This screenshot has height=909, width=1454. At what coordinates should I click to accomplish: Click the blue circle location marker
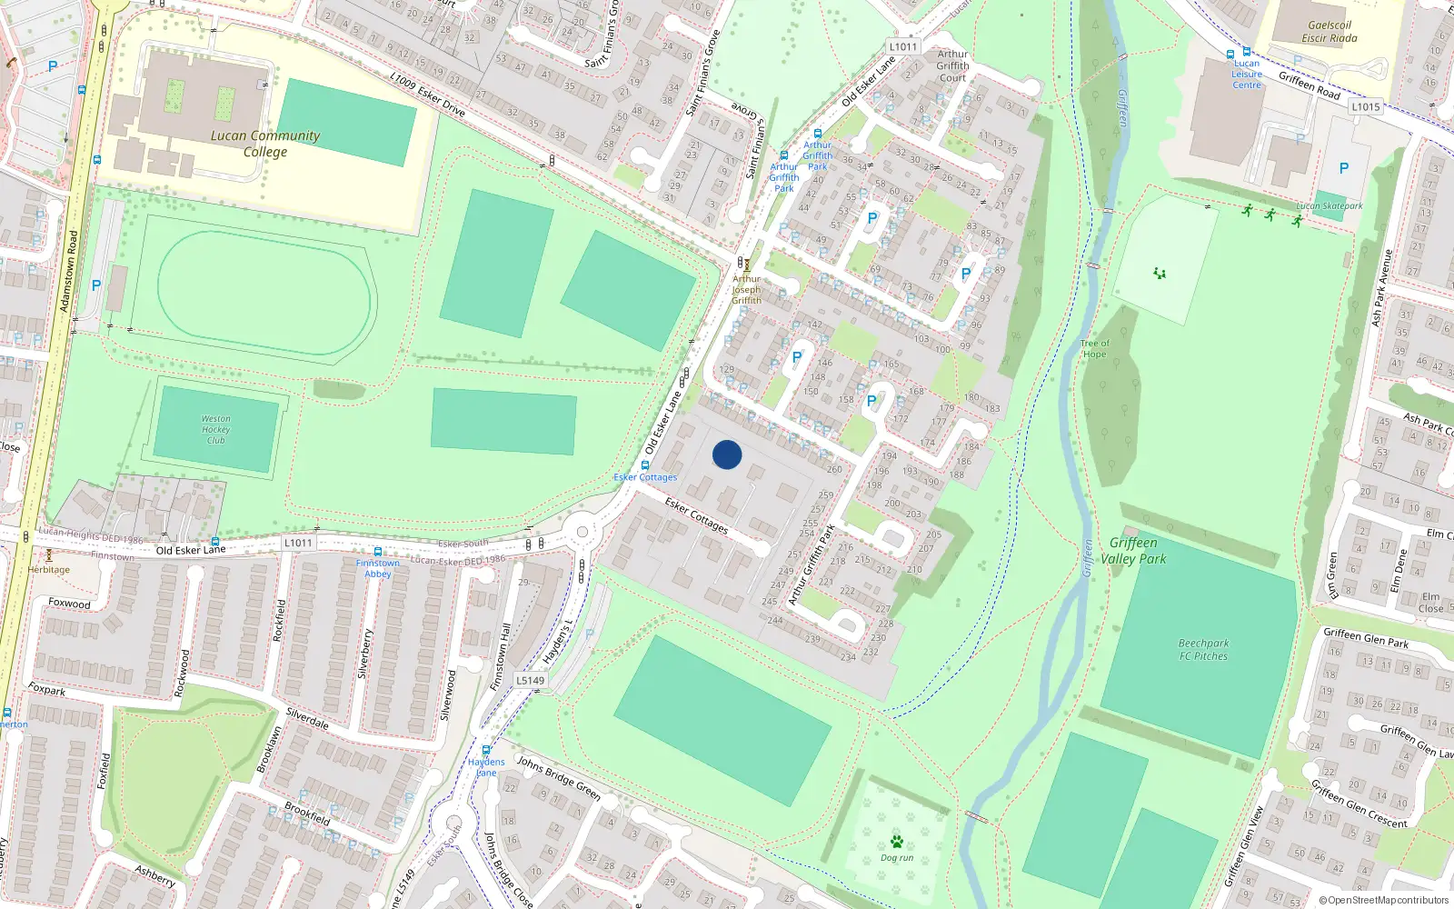coord(727,454)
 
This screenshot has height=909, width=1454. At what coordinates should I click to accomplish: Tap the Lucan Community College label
coord(265,144)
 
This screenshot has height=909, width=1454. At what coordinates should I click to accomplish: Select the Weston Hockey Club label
coord(215,430)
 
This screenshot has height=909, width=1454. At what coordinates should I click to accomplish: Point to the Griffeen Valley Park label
coord(1133,551)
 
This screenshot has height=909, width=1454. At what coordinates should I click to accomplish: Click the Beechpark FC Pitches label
coord(1203,650)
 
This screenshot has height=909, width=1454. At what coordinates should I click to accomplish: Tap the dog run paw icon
coord(897,842)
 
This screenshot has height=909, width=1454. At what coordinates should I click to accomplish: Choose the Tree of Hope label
coord(1094,349)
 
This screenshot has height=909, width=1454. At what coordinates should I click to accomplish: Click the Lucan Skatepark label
coord(1329,206)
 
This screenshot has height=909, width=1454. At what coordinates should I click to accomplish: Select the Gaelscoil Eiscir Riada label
coord(1330,32)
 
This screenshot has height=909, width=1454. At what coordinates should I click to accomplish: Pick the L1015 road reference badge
coord(1365,106)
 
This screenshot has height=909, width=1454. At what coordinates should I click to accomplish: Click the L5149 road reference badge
coord(531,680)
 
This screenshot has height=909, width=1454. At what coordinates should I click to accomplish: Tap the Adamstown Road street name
coord(69,271)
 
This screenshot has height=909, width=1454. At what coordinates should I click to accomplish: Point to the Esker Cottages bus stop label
coord(645,477)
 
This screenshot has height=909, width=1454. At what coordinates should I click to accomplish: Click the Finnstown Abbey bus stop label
coord(378,568)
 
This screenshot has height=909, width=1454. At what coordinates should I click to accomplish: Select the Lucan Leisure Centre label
coord(1247,75)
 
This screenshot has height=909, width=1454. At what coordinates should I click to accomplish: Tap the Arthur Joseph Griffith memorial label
coord(747,290)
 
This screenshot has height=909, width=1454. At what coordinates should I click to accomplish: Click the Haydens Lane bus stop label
coord(486,767)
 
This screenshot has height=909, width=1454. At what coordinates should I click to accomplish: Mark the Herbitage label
coord(48,570)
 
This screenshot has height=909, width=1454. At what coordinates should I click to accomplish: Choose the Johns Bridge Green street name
coord(559,777)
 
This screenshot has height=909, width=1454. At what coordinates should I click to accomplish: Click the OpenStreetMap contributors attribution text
coord(1383,901)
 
